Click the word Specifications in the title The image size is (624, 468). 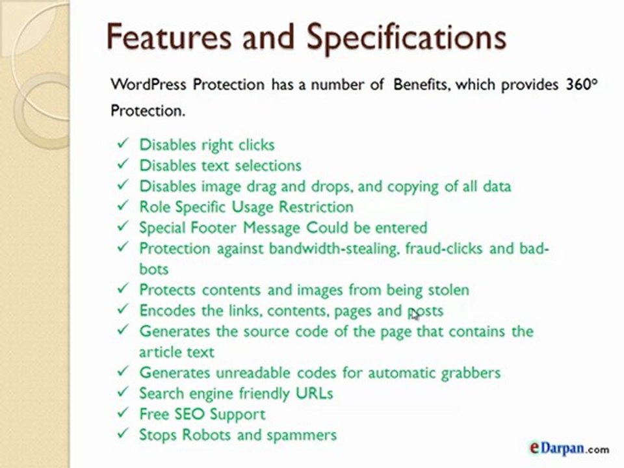407,37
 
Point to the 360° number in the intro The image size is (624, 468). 581,84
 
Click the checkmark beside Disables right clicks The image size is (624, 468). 123,144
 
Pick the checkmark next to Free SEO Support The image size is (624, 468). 123,413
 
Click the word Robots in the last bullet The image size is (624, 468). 201,434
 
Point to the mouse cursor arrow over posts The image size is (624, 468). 414,314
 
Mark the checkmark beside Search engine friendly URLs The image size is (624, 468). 123,393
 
